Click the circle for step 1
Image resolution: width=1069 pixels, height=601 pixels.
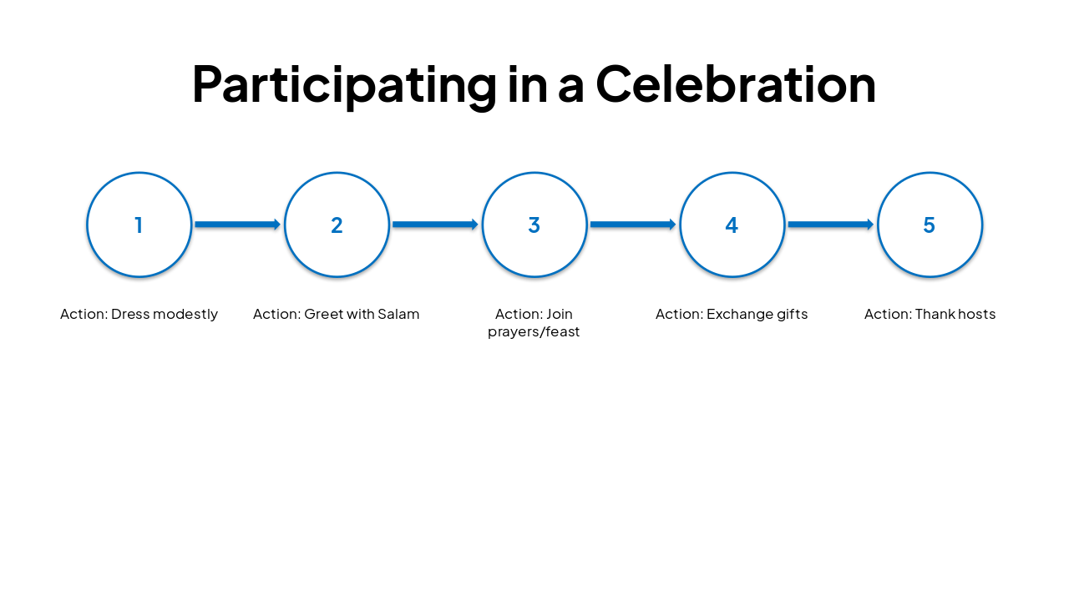coord(139,225)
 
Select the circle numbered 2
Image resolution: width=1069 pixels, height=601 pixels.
coord(337,225)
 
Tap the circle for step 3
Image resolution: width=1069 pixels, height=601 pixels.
coord(534,225)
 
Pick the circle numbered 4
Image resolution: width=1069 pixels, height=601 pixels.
coord(732,225)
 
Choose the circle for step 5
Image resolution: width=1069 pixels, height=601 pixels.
coord(930,225)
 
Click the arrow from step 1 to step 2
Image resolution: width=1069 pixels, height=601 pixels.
coord(237,225)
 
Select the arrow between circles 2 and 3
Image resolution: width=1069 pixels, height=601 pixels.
coord(435,225)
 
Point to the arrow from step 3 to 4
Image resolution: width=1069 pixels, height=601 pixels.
coord(632,225)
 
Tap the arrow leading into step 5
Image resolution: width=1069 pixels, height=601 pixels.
coord(830,225)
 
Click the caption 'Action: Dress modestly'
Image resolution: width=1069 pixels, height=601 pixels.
coord(139,315)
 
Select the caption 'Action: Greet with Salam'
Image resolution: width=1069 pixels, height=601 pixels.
coord(337,315)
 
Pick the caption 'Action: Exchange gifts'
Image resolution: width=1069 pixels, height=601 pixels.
coord(732,315)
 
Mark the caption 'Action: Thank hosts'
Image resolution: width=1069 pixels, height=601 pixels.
coord(930,315)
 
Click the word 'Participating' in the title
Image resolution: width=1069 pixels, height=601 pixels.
coord(343,85)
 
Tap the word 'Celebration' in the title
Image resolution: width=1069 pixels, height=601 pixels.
coord(736,83)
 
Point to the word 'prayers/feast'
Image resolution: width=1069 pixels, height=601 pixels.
coord(534,332)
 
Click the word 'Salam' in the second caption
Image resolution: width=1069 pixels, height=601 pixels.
coord(398,315)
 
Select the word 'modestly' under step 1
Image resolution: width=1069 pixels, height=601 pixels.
coord(185,315)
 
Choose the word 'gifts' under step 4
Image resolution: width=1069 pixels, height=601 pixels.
coord(789,315)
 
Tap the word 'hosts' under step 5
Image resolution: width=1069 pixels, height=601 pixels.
coord(975,315)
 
